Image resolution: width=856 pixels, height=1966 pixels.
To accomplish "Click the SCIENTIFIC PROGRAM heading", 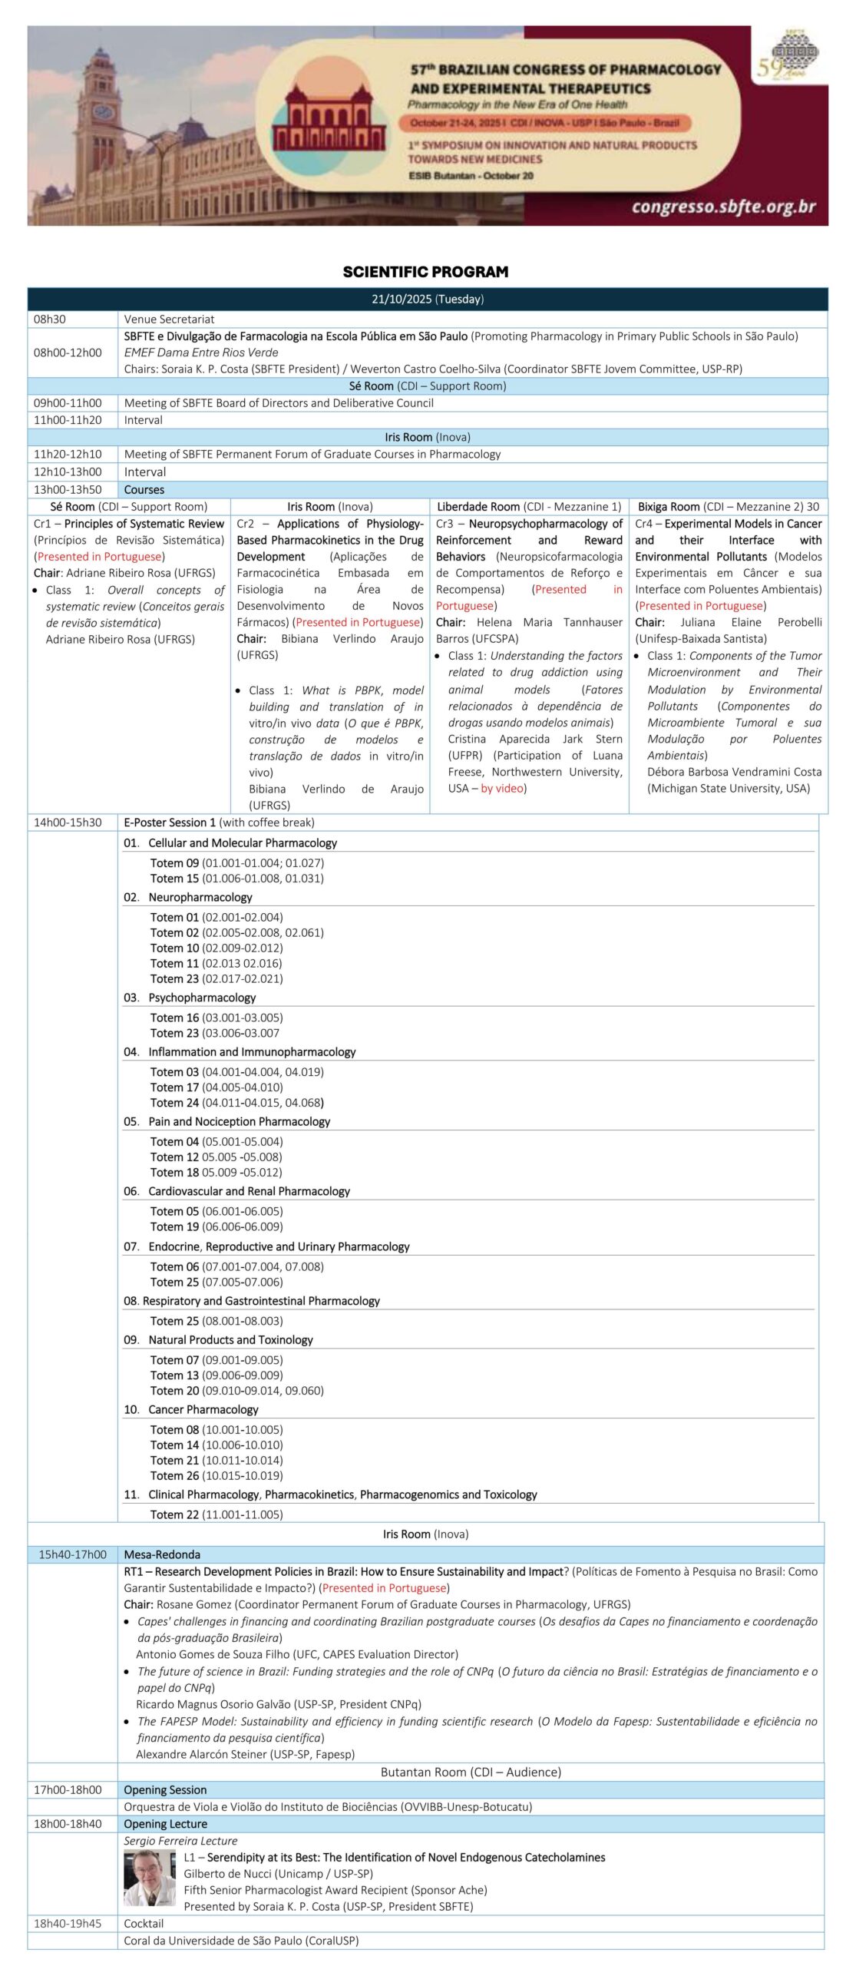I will pos(425,272).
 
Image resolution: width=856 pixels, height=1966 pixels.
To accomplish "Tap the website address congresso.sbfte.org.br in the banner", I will pos(723,206).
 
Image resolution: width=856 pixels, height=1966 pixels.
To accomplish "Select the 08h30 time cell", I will pos(50,319).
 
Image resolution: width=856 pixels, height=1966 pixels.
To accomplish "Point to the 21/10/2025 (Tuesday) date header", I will pos(428,299).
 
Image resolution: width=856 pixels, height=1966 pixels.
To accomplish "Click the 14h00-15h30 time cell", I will pos(68,822).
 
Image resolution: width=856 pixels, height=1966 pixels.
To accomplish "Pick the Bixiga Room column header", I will pos(728,507).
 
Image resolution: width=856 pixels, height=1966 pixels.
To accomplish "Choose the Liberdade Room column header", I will pos(529,507).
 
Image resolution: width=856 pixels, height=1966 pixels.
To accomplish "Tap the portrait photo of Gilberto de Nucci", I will pos(150,1878).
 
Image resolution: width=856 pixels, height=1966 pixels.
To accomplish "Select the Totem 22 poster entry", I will pos(216,1514).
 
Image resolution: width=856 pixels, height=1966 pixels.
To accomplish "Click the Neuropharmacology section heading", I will pos(200,897).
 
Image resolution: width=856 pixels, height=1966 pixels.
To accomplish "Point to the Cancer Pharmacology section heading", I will pos(203,1409).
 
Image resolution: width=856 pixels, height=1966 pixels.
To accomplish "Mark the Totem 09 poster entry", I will pos(236,862).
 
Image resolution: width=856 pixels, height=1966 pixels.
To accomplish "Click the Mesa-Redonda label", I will pos(162,1554).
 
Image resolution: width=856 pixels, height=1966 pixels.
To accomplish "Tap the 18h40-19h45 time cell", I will pos(68,1923).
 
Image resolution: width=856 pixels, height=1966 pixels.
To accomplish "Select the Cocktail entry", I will pos(144,1923).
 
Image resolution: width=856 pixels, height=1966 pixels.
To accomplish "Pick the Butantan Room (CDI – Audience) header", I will pos(471,1772).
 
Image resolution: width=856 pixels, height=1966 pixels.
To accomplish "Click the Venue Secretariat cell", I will pos(169,319).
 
